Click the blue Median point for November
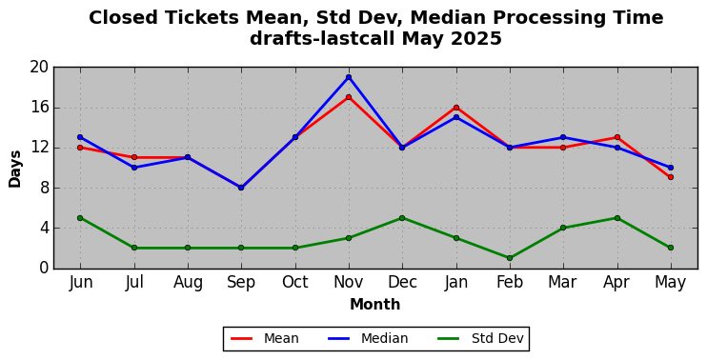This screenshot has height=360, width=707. coord(349,77)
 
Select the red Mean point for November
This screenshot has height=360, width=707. coord(349,97)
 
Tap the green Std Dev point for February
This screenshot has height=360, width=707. coord(510,258)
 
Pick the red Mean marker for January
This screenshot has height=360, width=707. coord(456,108)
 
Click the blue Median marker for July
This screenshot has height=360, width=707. coord(134,168)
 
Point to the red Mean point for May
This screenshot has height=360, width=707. coord(671,177)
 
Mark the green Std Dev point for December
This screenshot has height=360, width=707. coord(402,218)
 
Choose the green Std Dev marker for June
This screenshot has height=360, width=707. coord(80,218)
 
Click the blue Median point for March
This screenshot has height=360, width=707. coord(563,137)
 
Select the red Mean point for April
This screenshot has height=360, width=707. coord(616,137)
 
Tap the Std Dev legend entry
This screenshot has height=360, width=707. coord(480,338)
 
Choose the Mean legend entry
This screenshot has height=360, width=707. coord(265,338)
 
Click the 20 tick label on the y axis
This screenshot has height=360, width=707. coord(39,67)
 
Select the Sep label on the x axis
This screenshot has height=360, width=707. coord(241,283)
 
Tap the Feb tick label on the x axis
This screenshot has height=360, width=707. coord(510,283)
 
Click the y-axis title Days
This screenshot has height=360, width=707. coord(15,169)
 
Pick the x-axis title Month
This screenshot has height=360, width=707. coord(375,305)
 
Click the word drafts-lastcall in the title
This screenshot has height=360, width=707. coord(323,39)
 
